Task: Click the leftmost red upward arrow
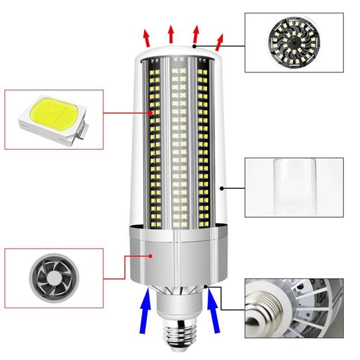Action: click(x=146, y=37)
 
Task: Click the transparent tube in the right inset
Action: click(x=293, y=187)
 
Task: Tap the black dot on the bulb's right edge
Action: click(x=223, y=188)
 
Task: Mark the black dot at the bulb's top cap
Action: click(x=194, y=46)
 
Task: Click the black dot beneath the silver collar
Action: click(x=206, y=286)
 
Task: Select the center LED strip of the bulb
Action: click(x=178, y=144)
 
